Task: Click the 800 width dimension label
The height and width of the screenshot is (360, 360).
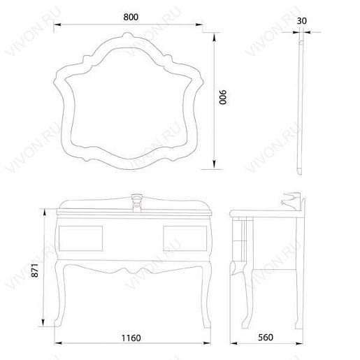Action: tap(131, 17)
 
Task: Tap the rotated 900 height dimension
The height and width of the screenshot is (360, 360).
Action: tap(223, 97)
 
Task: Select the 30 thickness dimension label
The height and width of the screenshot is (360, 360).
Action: tap(302, 21)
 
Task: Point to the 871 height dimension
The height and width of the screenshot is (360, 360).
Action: tap(34, 271)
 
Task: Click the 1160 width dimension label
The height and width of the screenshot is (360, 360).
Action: tap(131, 338)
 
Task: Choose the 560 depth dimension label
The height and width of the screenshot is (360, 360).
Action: tap(266, 337)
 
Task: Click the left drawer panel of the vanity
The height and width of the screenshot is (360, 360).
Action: tap(80, 238)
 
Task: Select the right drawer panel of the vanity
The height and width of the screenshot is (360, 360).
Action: tap(185, 238)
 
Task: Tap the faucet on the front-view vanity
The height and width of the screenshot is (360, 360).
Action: tap(136, 202)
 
